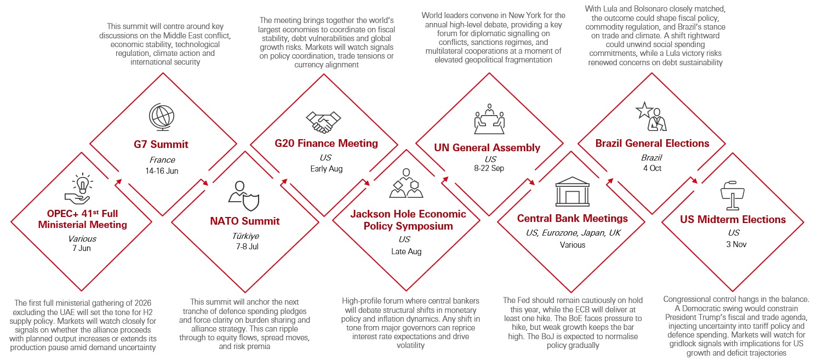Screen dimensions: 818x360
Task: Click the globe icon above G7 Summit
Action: coord(162,117)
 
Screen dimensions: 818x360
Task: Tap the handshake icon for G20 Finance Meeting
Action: coord(323,122)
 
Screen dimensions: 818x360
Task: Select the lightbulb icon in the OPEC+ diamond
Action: coord(83,184)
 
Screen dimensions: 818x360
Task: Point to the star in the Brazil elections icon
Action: coord(644,110)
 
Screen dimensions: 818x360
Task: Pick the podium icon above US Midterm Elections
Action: coord(732,195)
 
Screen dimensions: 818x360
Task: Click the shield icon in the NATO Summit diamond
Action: coord(251,202)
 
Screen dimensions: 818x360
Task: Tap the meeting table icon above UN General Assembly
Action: coord(489,119)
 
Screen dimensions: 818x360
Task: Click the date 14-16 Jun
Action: coord(162,171)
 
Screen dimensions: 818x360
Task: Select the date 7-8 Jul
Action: coord(247,247)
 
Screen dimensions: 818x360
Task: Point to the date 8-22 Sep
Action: coord(489,168)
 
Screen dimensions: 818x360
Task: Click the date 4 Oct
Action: coord(652,168)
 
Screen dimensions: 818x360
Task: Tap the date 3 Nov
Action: coord(736,244)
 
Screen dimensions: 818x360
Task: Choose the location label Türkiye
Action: coord(245,236)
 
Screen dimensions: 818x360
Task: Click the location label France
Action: coord(162,160)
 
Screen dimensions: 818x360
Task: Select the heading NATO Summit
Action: coord(245,221)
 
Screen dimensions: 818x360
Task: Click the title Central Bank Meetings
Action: coord(572,218)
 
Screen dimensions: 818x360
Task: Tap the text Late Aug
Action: coord(406,252)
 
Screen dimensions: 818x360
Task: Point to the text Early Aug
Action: coord(327,169)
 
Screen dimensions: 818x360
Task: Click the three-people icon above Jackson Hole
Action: coord(406,183)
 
